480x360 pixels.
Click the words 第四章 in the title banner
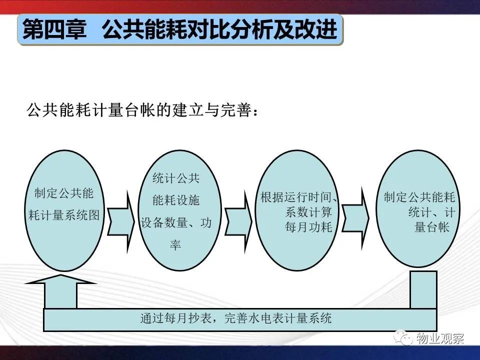tap(54, 29)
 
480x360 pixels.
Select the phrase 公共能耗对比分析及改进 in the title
tap(220, 29)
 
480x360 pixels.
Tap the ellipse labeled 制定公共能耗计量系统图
tap(64, 210)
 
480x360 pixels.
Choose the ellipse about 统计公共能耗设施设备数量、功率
tap(179, 210)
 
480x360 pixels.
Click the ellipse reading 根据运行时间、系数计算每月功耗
tap(297, 210)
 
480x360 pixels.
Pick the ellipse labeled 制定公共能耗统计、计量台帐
tap(418, 208)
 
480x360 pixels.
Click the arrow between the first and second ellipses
tap(121, 221)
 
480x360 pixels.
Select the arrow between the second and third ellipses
tap(238, 221)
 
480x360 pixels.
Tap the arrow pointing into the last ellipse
tap(355, 218)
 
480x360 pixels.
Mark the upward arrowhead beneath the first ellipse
tap(60, 279)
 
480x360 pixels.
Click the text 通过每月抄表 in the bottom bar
tap(175, 318)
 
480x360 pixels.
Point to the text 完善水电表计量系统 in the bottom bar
tap(278, 318)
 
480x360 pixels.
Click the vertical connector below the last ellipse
tap(423, 289)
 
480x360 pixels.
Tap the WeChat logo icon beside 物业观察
tap(403, 337)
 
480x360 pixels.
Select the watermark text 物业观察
tap(440, 338)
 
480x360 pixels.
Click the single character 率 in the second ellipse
tap(175, 244)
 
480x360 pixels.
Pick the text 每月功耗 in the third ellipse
tap(308, 227)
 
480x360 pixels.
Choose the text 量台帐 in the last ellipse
tap(432, 227)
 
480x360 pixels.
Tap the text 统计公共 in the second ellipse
tap(176, 178)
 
